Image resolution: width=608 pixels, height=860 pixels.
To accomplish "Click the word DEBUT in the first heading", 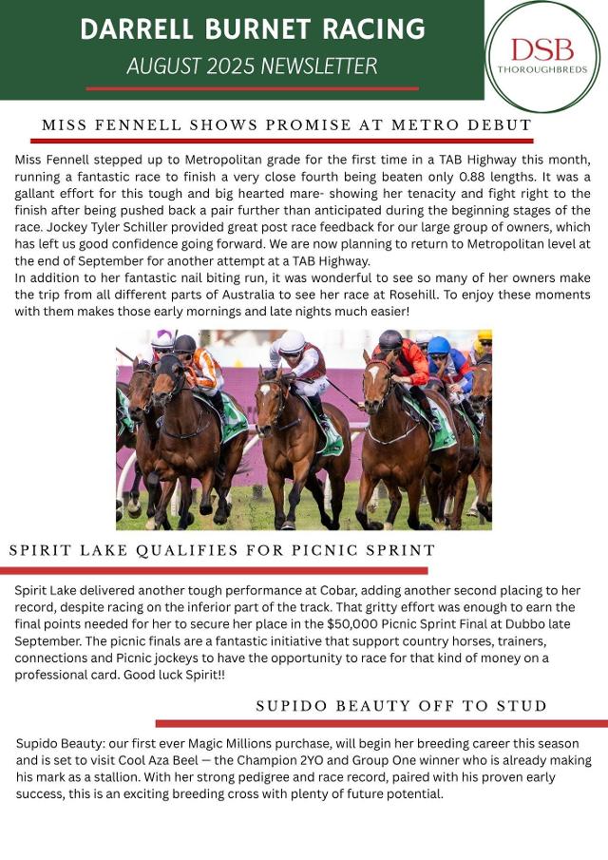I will (494, 125).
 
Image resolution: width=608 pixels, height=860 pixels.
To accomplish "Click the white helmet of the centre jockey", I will (292, 341).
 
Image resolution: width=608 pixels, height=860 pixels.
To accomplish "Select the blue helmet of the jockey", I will (438, 345).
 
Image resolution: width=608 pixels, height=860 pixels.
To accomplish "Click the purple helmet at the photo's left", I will (162, 337).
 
